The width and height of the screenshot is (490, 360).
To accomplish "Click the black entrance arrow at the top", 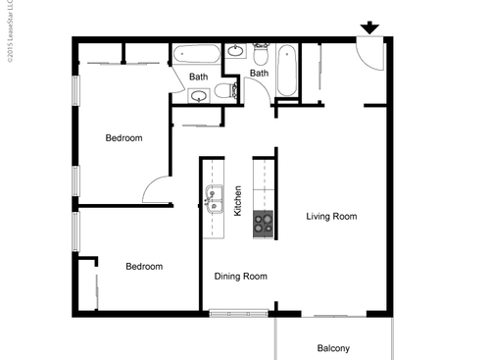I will pos(370,27).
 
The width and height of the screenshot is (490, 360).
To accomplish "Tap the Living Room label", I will pos(331,216).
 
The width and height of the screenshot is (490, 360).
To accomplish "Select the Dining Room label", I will pos(241,277).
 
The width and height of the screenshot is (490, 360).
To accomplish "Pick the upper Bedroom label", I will pos(124,138).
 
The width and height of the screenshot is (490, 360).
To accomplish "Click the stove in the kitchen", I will pos(263,223).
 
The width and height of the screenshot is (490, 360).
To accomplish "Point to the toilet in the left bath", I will pos(225,91).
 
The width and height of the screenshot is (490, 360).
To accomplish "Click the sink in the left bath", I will pos(199,96).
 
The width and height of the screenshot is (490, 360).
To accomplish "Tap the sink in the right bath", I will pos(236,51).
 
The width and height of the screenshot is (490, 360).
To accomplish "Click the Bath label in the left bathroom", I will pos(199,76).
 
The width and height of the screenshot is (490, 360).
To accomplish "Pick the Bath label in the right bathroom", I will pos(259,73).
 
